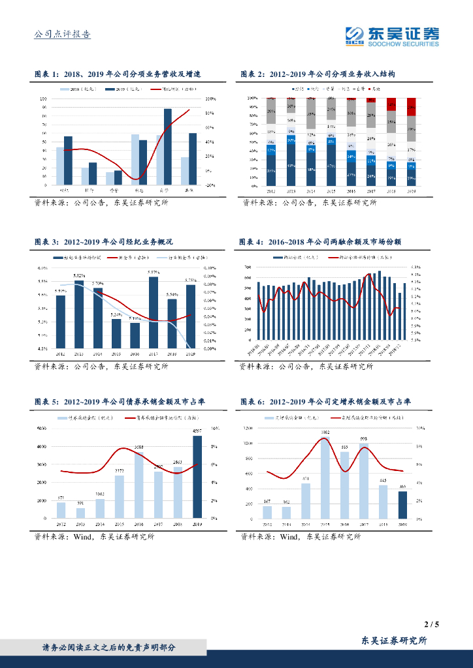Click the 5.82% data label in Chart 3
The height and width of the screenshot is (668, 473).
[79, 277]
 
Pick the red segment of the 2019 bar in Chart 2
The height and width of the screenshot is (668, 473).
[412, 107]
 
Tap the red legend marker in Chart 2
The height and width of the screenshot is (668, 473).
[370, 87]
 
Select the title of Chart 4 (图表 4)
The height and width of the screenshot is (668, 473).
[320, 241]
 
